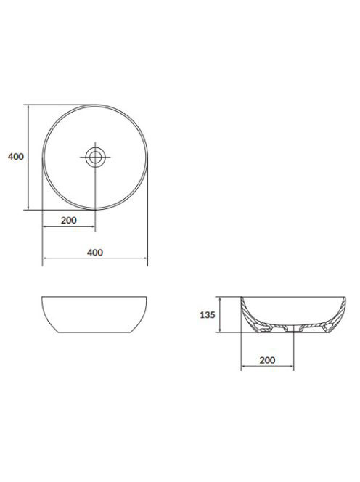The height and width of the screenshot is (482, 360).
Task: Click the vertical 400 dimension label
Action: point(16,157)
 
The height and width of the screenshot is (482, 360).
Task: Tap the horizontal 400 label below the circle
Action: point(95,253)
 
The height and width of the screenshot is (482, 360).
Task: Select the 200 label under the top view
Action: point(69,221)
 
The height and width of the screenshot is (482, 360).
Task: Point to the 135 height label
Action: point(208,315)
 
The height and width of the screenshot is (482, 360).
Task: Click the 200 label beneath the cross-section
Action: point(268,360)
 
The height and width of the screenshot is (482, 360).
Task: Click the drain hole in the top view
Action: point(95,157)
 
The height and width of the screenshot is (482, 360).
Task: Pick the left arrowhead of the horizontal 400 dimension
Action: point(44,258)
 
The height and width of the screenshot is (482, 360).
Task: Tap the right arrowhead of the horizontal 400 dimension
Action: point(146,258)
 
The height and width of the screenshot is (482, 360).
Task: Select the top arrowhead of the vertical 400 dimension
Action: point(28,107)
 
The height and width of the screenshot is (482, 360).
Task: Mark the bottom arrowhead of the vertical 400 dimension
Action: point(28,208)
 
